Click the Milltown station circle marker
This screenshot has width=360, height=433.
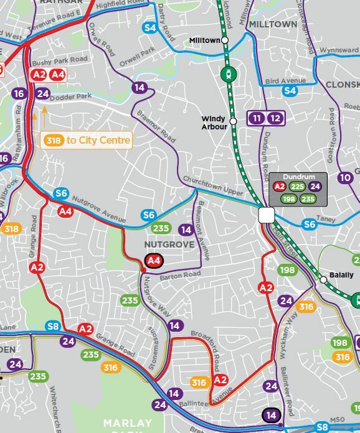(225, 40)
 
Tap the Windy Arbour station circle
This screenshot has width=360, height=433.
(233, 121)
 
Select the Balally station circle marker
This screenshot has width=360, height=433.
(323, 280)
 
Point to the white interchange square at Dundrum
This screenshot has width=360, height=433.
(266, 215)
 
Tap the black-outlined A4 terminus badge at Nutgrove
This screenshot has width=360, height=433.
(153, 261)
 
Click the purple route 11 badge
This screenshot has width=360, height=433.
(256, 118)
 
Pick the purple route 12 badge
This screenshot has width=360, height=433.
(275, 118)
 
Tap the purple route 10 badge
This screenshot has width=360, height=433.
(345, 178)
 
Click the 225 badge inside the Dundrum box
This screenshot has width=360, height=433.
(296, 186)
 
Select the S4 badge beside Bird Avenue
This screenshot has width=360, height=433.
(290, 91)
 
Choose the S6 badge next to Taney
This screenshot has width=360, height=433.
(310, 225)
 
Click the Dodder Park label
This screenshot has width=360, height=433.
(70, 96)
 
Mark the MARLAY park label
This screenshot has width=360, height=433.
(128, 423)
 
